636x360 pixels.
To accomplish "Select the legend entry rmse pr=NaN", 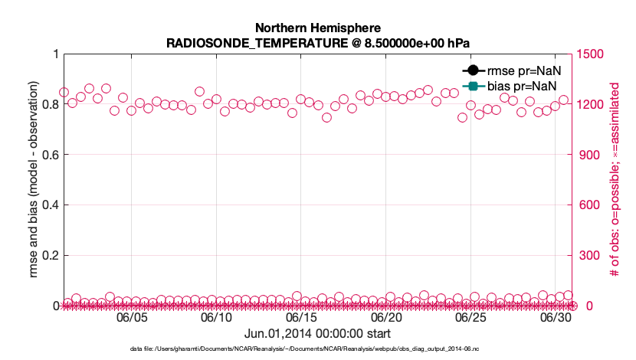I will pyautogui.click(x=516, y=70).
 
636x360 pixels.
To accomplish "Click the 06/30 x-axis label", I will pyautogui.click(x=556, y=317).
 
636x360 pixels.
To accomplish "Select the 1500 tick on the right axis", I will pyautogui.click(x=592, y=54).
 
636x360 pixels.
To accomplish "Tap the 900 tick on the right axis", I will pyautogui.click(x=589, y=155).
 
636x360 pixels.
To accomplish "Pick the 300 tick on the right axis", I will pyautogui.click(x=589, y=255).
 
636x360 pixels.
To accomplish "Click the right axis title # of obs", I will pyautogui.click(x=614, y=180).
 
